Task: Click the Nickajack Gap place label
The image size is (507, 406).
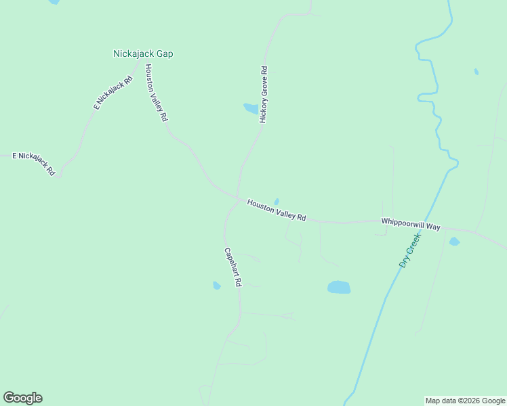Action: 142,53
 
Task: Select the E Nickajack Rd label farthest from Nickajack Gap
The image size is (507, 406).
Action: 33,163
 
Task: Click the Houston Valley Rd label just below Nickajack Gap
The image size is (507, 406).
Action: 155,92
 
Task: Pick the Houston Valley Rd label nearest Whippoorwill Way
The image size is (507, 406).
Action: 277,210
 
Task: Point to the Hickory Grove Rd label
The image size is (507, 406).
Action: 264,94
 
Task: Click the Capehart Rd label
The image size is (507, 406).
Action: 233,267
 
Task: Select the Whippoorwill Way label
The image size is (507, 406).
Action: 411,224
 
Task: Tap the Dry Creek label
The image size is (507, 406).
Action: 410,250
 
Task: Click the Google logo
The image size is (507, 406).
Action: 22,398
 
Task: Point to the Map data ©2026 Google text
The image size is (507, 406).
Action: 466,401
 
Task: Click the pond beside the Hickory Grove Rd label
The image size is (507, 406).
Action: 251,108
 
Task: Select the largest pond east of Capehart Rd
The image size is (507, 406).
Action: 339,287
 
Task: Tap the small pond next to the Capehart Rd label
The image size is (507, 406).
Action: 217,286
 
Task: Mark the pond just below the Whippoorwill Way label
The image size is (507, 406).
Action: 454,242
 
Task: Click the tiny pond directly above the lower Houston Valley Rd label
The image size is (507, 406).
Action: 277,201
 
